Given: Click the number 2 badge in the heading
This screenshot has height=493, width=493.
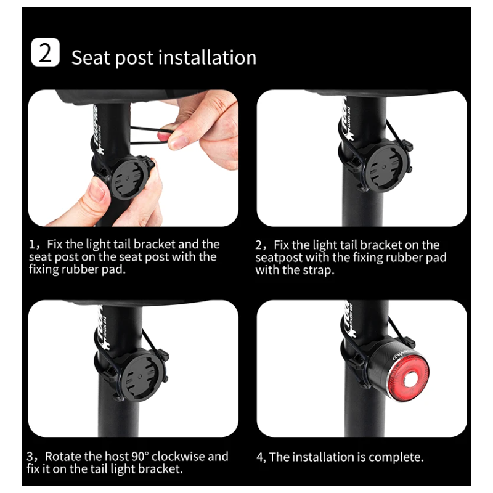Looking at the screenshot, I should [45, 53].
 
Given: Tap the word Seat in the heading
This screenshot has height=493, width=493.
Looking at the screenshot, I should [91, 57].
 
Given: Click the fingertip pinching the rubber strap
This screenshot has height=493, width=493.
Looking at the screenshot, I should [184, 139].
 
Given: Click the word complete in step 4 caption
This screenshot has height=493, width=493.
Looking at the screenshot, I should [397, 457].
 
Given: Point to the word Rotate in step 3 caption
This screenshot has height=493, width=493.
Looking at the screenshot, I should [63, 457].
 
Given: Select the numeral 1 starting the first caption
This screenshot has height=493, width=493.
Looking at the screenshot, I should [32, 245].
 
